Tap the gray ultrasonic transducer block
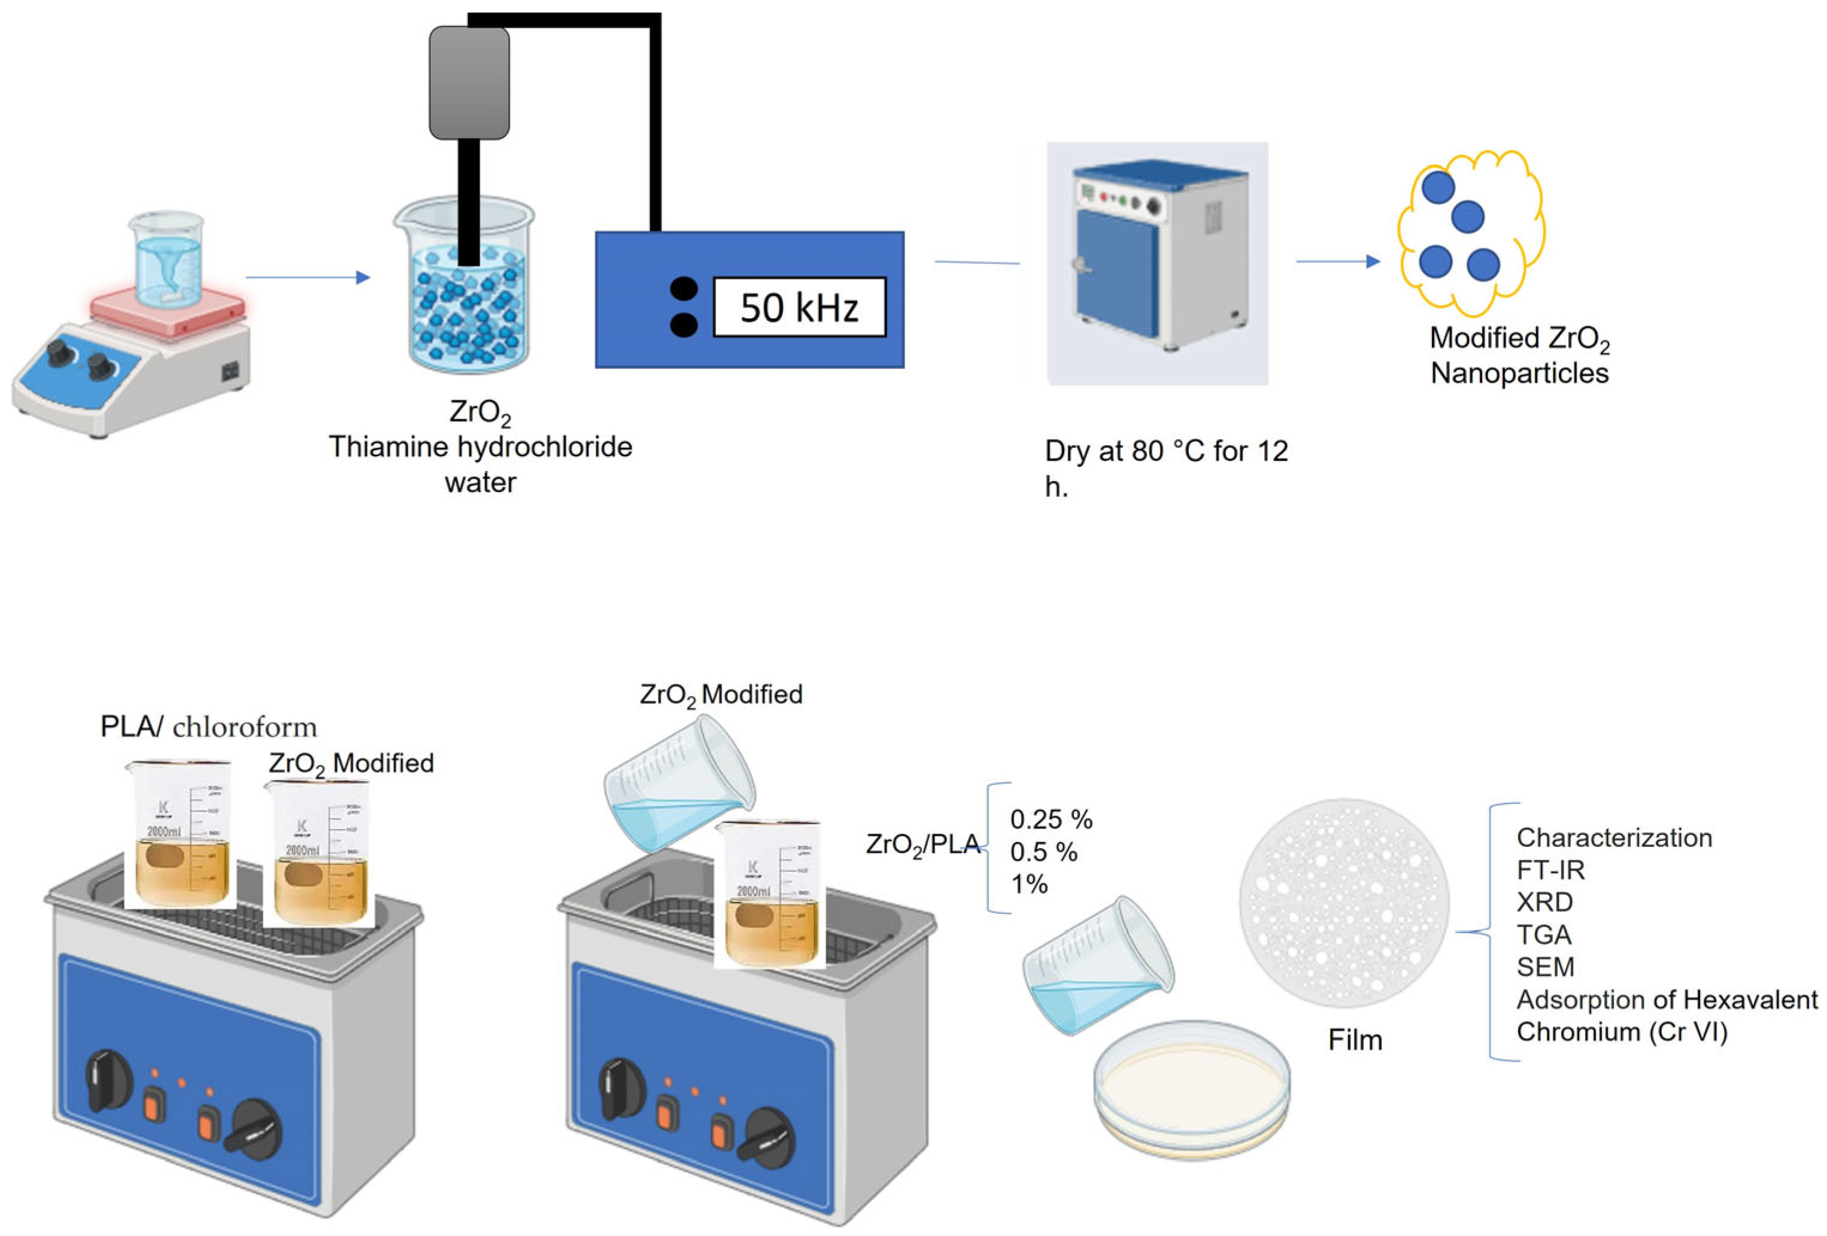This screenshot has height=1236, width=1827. pyautogui.click(x=469, y=83)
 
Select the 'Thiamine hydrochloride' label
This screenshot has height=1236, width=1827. pyautogui.click(x=480, y=447)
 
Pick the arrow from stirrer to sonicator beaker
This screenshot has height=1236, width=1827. pyautogui.click(x=307, y=277)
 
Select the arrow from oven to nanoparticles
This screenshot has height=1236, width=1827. pyautogui.click(x=1337, y=261)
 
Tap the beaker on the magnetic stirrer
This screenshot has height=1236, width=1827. pyautogui.click(x=166, y=259)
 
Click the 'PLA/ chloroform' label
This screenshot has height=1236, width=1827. pyautogui.click(x=208, y=727)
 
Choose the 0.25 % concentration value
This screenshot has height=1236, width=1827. pyautogui.click(x=1051, y=819)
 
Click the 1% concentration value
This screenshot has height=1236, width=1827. pyautogui.click(x=1029, y=884)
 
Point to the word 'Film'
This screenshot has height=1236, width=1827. pyautogui.click(x=1355, y=1040)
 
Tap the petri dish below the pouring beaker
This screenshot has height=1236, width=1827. pyautogui.click(x=1192, y=1089)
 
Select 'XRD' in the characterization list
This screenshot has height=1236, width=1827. pyautogui.click(x=1544, y=902)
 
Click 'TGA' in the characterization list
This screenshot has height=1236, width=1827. pyautogui.click(x=1544, y=934)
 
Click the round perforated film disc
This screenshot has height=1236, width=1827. pyautogui.click(x=1343, y=903)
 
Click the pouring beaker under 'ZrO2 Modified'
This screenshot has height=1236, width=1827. pyautogui.click(x=679, y=786)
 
